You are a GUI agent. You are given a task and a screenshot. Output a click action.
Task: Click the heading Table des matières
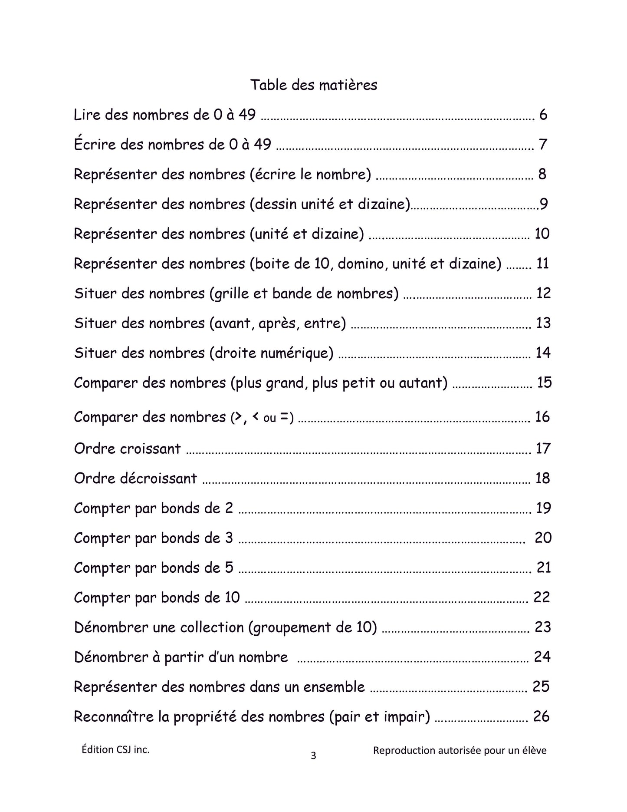tap(313, 85)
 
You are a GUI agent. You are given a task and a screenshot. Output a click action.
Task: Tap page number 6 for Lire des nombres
tap(543, 115)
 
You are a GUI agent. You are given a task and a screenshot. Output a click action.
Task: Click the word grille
tap(236, 294)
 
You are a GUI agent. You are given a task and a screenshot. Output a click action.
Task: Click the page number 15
tap(544, 383)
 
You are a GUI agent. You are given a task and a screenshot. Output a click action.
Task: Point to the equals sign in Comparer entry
tap(284, 417)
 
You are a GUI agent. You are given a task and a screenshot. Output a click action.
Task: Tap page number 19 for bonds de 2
tap(543, 508)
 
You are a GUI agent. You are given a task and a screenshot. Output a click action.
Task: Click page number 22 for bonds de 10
tap(542, 597)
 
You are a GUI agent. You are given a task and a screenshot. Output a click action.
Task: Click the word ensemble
tap(334, 687)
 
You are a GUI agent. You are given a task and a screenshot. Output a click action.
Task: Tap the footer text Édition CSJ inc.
tap(115, 749)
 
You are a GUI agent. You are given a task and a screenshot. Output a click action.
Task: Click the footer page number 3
tap(313, 756)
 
